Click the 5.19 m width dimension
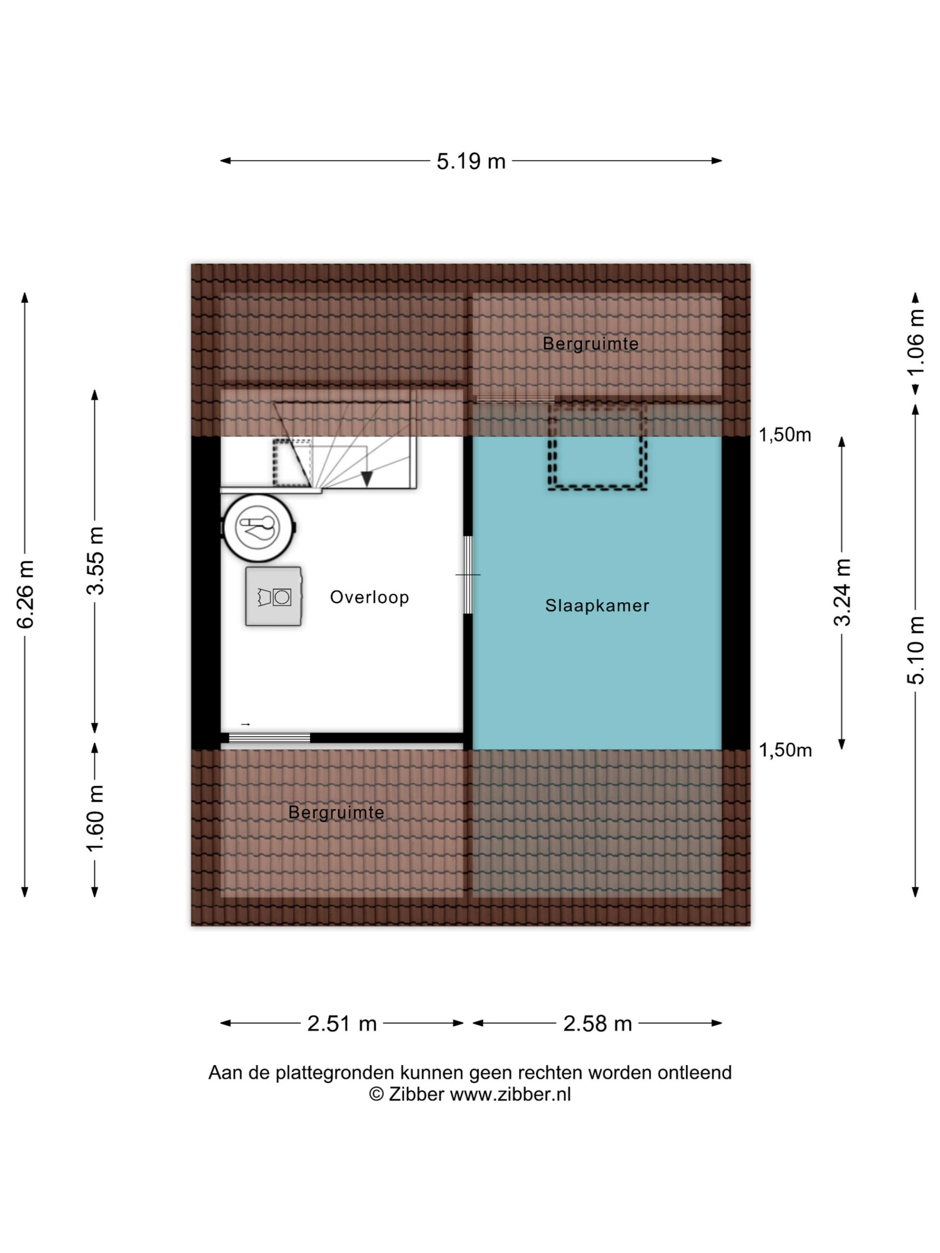click(470, 162)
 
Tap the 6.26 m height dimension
click(26, 594)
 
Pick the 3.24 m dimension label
click(842, 592)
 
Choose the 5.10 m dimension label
click(916, 650)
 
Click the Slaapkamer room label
click(597, 606)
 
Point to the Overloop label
click(369, 598)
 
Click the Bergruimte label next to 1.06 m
click(590, 344)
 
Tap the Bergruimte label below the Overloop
click(336, 812)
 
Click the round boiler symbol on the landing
click(258, 528)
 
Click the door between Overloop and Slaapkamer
click(468, 575)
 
